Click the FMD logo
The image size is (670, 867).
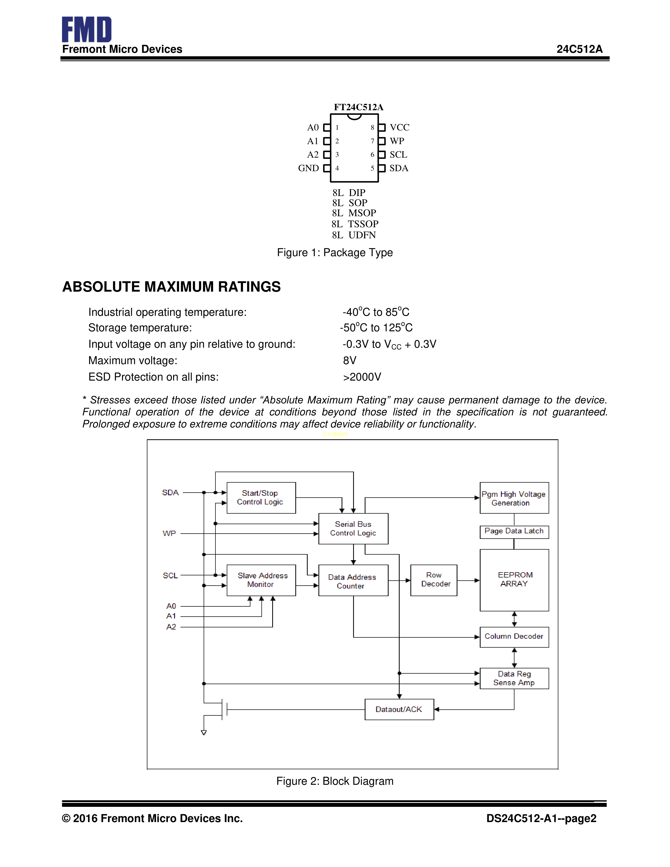86,29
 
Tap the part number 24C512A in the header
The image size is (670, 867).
579,49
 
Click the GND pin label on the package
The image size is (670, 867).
308,168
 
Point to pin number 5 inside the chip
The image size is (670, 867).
372,168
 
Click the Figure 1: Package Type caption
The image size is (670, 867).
334,252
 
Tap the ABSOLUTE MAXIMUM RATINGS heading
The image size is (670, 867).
172,287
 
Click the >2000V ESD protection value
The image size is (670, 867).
362,377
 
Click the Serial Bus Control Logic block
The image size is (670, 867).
353,528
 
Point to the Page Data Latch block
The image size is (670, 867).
514,531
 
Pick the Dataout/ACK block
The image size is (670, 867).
399,709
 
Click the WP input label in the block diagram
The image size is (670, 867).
169,534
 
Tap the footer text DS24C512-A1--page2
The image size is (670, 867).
541,819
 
